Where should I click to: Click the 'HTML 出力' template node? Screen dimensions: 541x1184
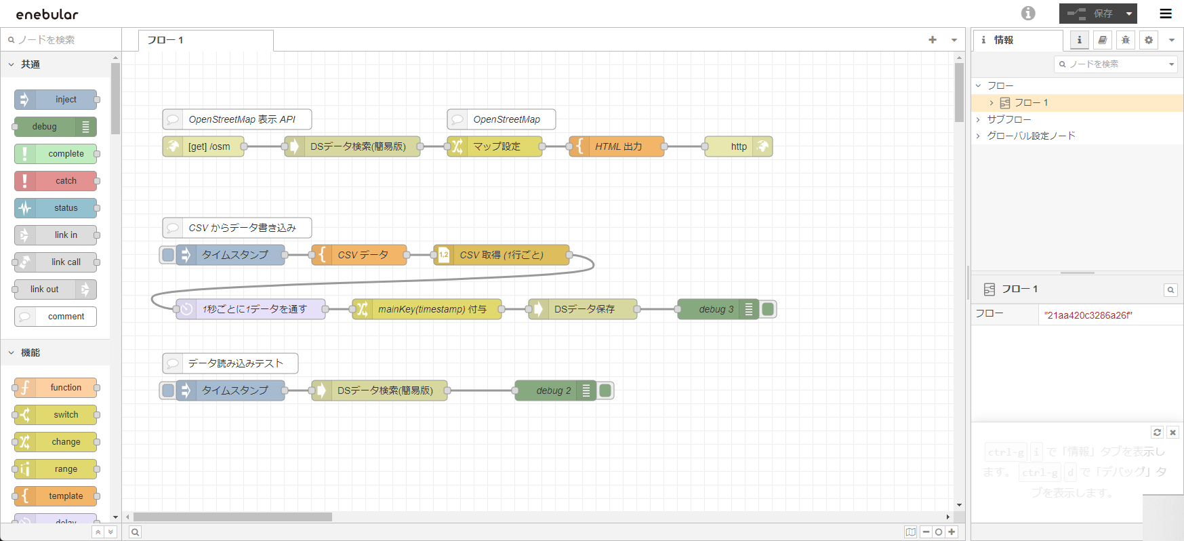point(618,146)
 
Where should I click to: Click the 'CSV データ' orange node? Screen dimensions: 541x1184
point(363,255)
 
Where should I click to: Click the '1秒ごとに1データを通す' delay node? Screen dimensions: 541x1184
point(254,309)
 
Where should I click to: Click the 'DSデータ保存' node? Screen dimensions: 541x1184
point(584,309)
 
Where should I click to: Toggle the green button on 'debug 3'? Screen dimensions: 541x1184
point(768,309)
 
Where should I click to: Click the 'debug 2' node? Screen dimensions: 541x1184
point(553,390)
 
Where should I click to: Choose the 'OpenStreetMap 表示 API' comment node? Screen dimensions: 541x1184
point(241,119)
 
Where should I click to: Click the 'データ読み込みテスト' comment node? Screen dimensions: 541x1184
point(234,363)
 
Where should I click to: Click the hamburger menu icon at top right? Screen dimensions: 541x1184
point(1166,14)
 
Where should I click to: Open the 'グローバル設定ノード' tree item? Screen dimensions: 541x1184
point(1031,136)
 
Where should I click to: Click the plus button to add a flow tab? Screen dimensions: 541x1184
point(933,40)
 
